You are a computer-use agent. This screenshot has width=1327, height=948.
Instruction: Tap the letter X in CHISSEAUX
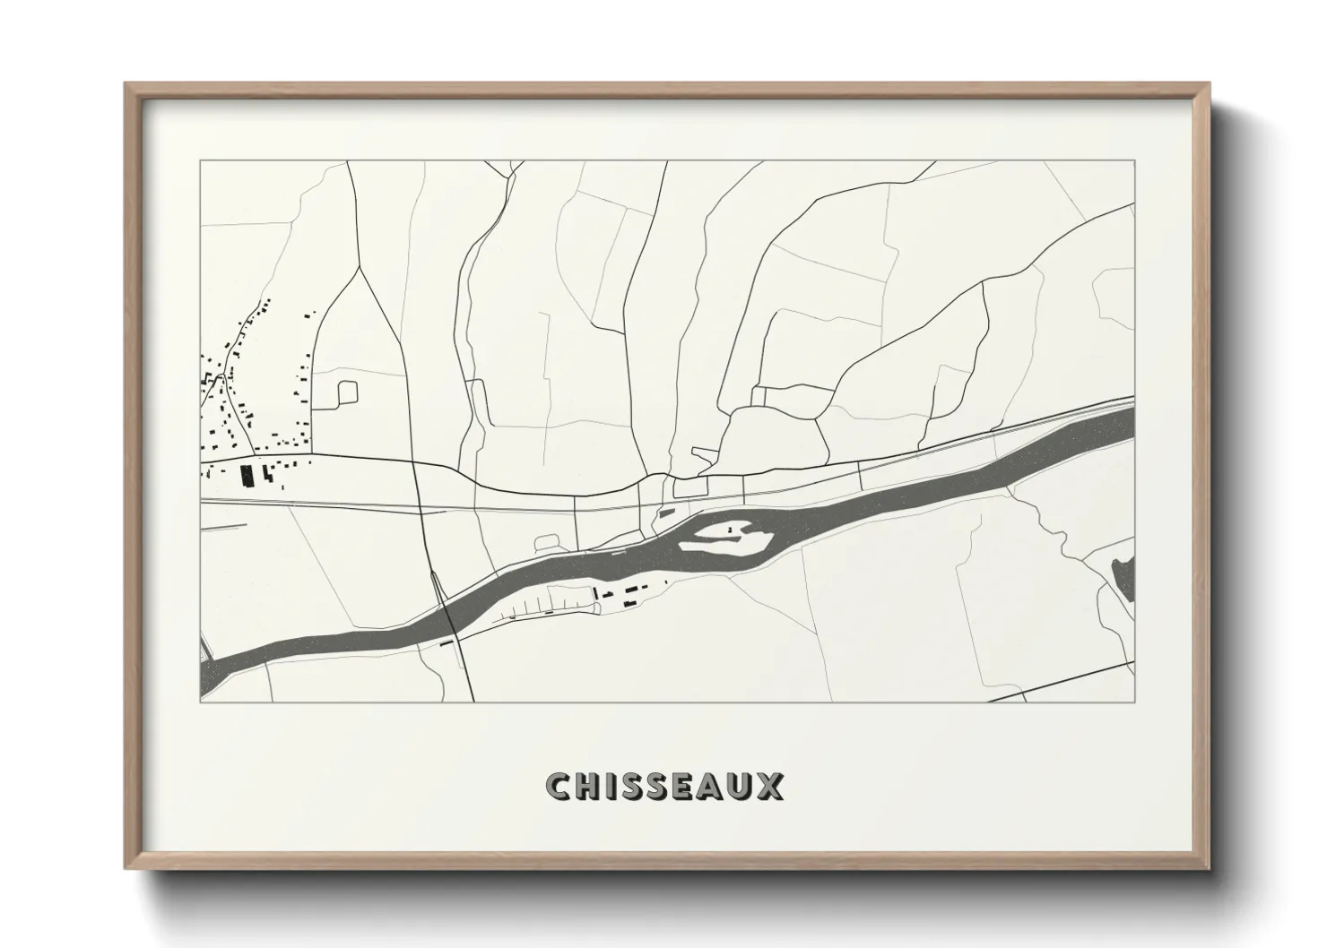pos(769,787)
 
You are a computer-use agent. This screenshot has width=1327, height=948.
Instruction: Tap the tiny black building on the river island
pos(733,530)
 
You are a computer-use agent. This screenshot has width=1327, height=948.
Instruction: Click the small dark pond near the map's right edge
pos(1122,578)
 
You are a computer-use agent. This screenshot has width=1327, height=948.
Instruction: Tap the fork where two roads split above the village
pos(360,267)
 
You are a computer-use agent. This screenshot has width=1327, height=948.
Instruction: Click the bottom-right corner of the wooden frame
pos(1210,868)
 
